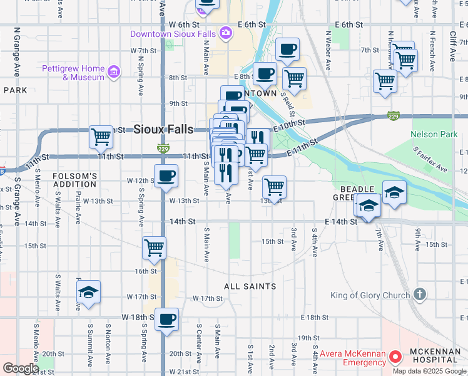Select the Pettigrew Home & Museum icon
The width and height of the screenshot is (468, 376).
click(x=113, y=73)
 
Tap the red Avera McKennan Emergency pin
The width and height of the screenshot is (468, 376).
click(x=395, y=357)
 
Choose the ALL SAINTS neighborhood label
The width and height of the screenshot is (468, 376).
click(x=250, y=286)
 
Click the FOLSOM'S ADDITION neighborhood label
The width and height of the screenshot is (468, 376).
click(x=74, y=180)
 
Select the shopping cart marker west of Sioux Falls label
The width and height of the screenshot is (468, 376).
click(x=101, y=136)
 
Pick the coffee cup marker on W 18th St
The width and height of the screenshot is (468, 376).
click(x=166, y=319)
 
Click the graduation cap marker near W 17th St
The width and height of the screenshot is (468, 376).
click(x=88, y=292)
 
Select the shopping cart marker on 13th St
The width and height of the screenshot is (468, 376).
click(x=273, y=186)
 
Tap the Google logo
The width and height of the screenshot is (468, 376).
click(x=20, y=368)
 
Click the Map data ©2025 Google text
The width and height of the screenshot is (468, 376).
click(x=429, y=371)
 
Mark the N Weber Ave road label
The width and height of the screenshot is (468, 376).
click(x=327, y=48)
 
